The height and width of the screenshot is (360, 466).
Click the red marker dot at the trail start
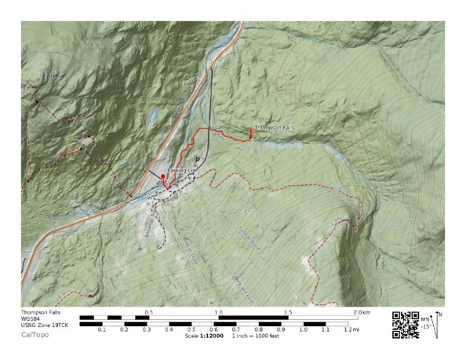click(x=163, y=177)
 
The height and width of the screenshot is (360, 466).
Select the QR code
click(x=405, y=324)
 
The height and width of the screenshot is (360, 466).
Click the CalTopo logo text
click(x=34, y=335)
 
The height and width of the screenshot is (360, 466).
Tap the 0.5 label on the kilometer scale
click(x=148, y=312)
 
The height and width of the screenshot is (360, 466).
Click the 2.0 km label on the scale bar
click(x=361, y=312)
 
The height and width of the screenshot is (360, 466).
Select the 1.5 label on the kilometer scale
click(x=288, y=312)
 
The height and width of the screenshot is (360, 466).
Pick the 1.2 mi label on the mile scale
click(x=349, y=330)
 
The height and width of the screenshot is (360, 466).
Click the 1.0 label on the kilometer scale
click(x=218, y=312)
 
